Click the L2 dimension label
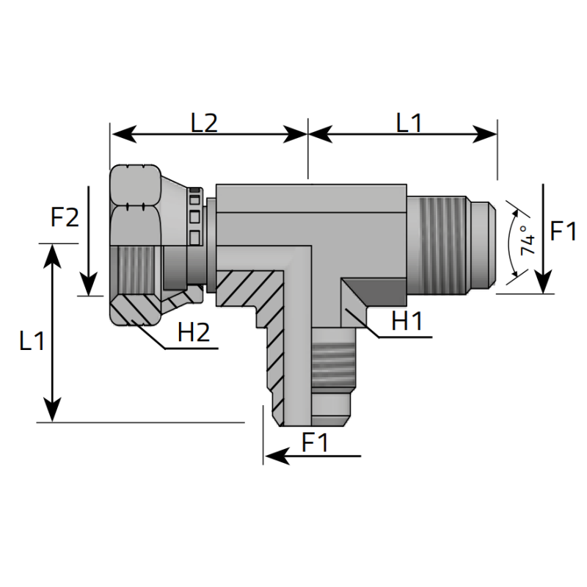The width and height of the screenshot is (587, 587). click(204, 123)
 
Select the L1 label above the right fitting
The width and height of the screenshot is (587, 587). click(409, 123)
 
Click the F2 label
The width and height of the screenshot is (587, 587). click(65, 218)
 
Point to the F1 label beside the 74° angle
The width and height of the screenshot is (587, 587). click(563, 233)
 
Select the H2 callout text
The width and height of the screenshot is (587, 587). click(194, 334)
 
